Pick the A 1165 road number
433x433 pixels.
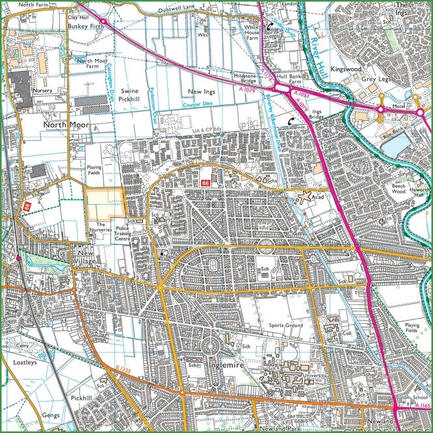coord(423,406)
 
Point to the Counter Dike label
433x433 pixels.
coord(198,105)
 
